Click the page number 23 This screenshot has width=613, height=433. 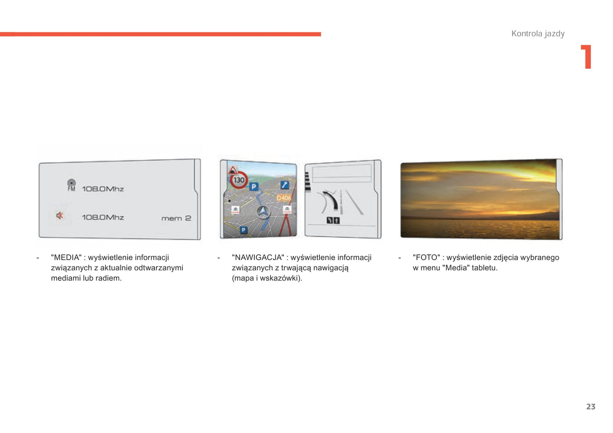[591, 407]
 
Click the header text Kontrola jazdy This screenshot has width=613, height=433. [538, 34]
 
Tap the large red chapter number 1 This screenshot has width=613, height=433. [586, 57]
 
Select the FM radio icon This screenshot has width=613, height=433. [71, 185]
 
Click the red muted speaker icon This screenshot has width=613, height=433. [60, 216]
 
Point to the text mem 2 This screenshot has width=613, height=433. [176, 218]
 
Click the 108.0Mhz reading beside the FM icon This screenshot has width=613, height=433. [103, 189]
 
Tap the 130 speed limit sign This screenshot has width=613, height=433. [239, 180]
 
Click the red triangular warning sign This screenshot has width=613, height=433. [232, 170]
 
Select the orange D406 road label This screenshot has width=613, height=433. [283, 198]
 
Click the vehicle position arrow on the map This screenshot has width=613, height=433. [263, 212]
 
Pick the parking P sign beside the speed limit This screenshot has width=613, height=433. [254, 187]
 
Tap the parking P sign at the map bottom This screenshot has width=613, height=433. [244, 230]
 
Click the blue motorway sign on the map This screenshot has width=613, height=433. [285, 185]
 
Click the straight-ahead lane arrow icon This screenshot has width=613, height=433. [336, 221]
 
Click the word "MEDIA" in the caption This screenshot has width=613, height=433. [66, 258]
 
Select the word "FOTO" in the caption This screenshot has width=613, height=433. [426, 258]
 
